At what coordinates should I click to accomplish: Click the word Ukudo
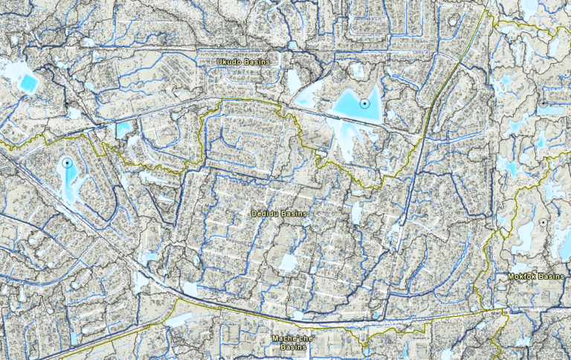click(228, 60)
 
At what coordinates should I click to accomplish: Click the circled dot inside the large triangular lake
click(364, 103)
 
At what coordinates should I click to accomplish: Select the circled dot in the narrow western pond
click(67, 161)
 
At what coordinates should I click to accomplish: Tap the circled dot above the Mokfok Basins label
click(543, 222)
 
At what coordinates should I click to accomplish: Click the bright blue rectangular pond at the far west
click(28, 83)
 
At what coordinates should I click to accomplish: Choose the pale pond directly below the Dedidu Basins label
click(286, 263)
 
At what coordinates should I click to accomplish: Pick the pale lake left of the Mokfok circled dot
click(525, 237)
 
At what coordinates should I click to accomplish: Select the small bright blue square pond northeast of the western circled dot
click(123, 129)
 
